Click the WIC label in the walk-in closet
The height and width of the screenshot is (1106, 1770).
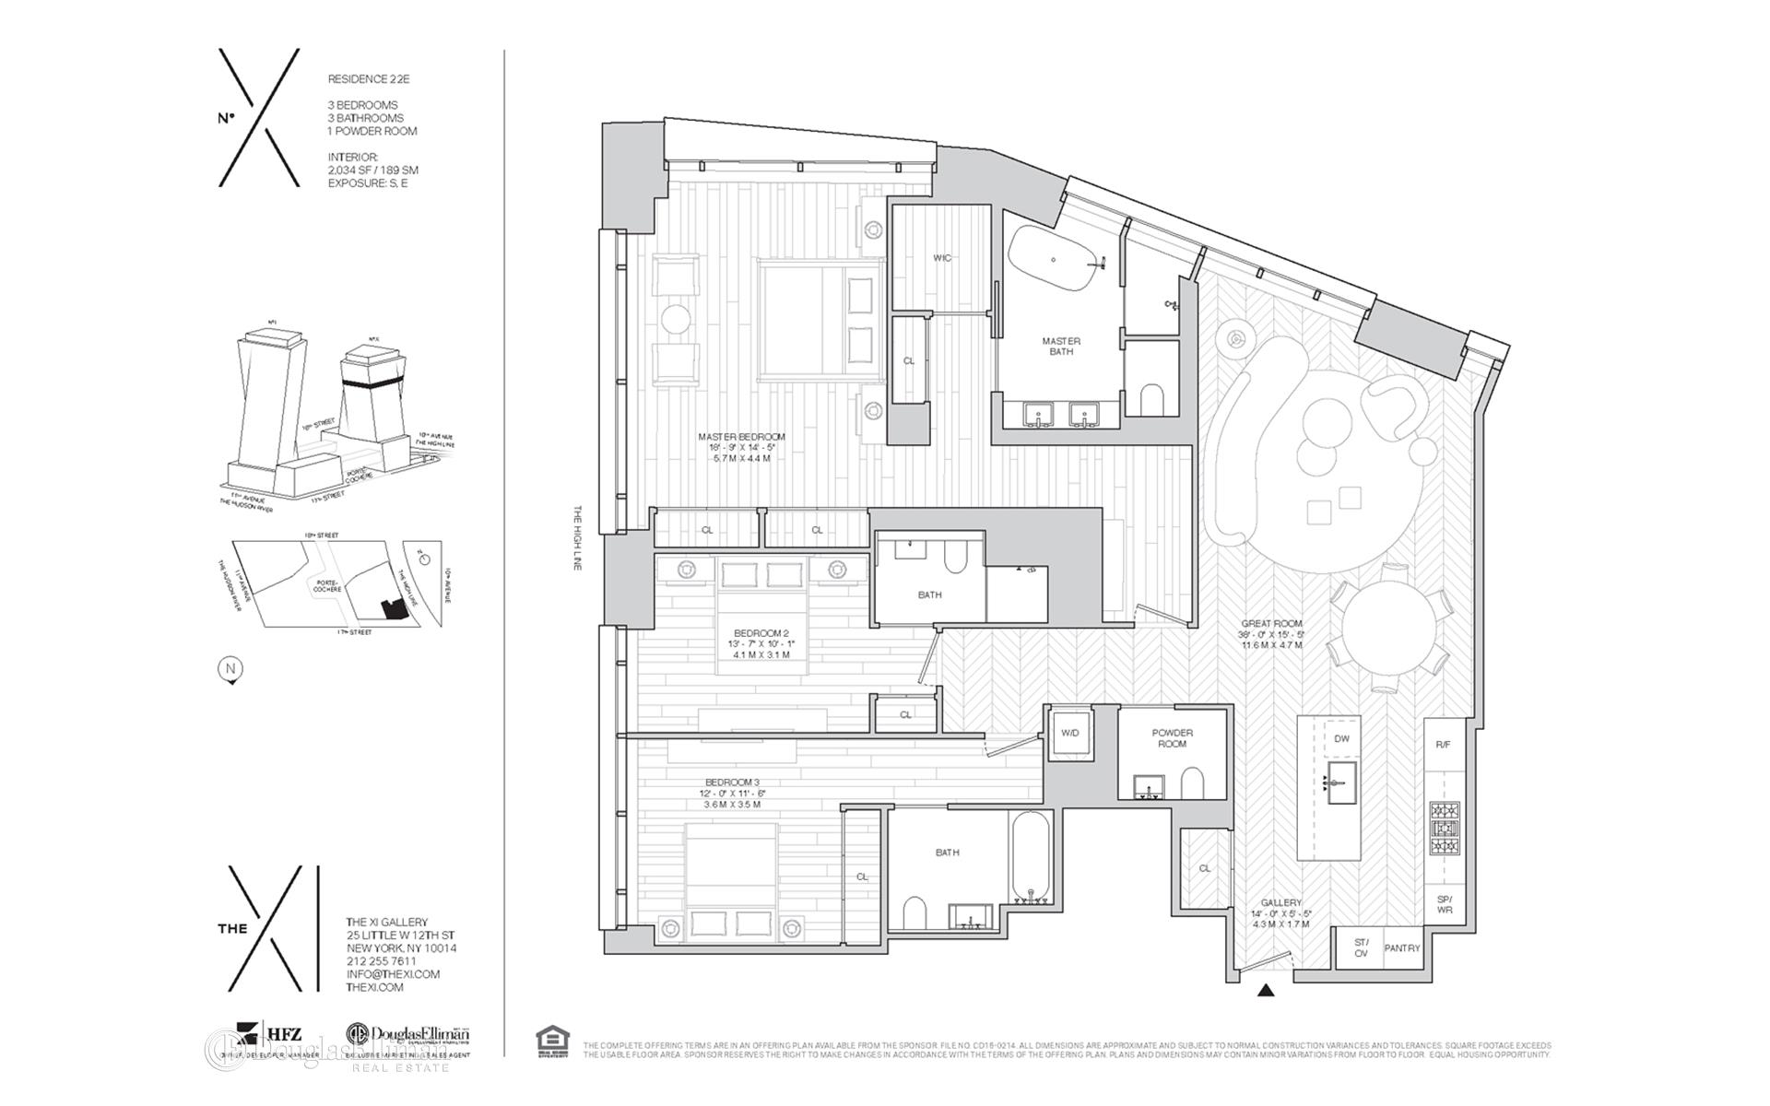[941, 258]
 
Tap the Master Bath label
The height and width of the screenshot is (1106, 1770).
[1061, 346]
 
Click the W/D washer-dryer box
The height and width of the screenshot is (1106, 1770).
[1070, 734]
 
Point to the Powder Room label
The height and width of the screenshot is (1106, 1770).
[1172, 738]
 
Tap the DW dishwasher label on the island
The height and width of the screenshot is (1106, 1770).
[1341, 739]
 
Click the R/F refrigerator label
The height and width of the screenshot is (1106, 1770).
[1443, 745]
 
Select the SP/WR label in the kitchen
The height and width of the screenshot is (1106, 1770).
[1444, 904]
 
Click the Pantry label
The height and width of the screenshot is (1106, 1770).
[1402, 947]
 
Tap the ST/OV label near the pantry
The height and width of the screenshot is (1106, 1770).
[1361, 947]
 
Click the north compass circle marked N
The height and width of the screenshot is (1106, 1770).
[230, 670]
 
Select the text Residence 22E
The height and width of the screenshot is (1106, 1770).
[369, 80]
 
